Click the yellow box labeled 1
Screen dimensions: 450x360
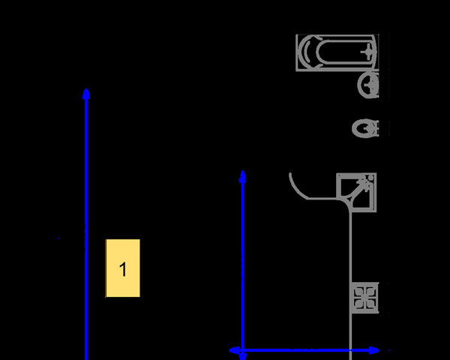(x=123, y=268)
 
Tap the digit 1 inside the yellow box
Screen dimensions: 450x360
(x=123, y=269)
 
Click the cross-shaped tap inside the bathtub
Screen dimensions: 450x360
(x=367, y=52)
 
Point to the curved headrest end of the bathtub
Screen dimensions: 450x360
(x=307, y=52)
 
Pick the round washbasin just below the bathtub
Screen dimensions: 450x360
(x=368, y=85)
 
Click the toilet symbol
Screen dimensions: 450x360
(x=365, y=128)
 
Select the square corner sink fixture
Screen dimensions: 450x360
(x=356, y=193)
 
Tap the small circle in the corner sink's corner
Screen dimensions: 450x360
(x=370, y=178)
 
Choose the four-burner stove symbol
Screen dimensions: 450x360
(x=365, y=298)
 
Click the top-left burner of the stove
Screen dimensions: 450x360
(x=359, y=292)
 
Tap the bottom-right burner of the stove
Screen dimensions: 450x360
(x=370, y=304)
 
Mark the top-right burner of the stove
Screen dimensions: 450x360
(x=370, y=292)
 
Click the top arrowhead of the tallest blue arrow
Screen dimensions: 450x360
(x=86, y=94)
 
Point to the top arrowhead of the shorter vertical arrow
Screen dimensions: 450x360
(x=243, y=176)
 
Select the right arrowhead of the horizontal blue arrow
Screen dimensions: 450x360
(x=374, y=350)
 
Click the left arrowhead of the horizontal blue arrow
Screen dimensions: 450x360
(x=234, y=350)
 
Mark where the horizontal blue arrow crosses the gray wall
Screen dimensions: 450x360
(x=350, y=350)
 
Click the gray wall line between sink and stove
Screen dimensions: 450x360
(x=350, y=247)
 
